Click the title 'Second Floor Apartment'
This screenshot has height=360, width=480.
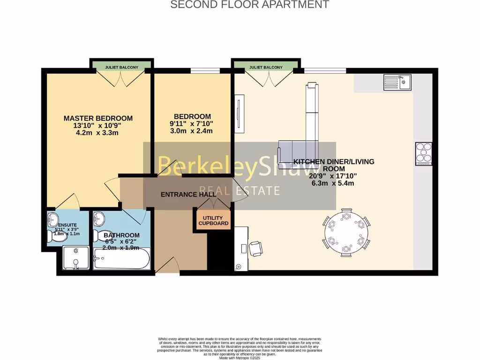249,5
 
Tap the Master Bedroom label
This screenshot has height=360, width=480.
98,118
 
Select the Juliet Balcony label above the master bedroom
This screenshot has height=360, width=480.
121,67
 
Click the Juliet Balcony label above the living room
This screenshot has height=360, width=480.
266,67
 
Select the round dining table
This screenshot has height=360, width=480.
346,233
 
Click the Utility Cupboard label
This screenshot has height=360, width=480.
213,220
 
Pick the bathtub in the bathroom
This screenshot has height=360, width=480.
121,259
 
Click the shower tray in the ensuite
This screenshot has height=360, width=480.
75,259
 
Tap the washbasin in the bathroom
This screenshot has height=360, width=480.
99,218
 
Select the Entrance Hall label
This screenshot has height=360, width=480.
188,194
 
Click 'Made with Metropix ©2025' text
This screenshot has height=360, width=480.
239,358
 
